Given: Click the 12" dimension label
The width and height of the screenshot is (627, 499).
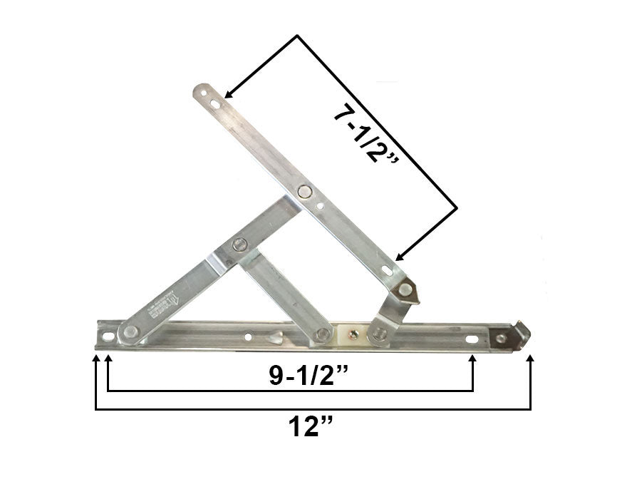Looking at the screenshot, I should [x=312, y=428].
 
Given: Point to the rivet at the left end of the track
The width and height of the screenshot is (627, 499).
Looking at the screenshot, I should [x=130, y=331].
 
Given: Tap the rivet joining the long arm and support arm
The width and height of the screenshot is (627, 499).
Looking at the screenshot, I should [x=305, y=191].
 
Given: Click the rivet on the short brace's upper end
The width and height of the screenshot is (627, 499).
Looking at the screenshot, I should [x=239, y=245].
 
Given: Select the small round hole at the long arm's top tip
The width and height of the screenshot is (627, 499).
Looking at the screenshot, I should [x=202, y=91].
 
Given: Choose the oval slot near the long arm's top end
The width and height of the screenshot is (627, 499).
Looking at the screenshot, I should [x=214, y=103].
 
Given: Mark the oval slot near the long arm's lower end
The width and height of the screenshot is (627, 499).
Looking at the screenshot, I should [x=387, y=270].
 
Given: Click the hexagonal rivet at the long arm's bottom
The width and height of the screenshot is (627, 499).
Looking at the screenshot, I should [x=405, y=290].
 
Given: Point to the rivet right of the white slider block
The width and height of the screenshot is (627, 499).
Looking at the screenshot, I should [x=380, y=333].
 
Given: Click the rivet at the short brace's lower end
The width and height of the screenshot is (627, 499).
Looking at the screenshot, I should [x=323, y=334].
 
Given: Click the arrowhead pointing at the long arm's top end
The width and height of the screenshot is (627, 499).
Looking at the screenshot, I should [x=229, y=93].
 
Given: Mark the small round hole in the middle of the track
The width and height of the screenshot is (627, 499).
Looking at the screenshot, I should [x=248, y=336].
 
